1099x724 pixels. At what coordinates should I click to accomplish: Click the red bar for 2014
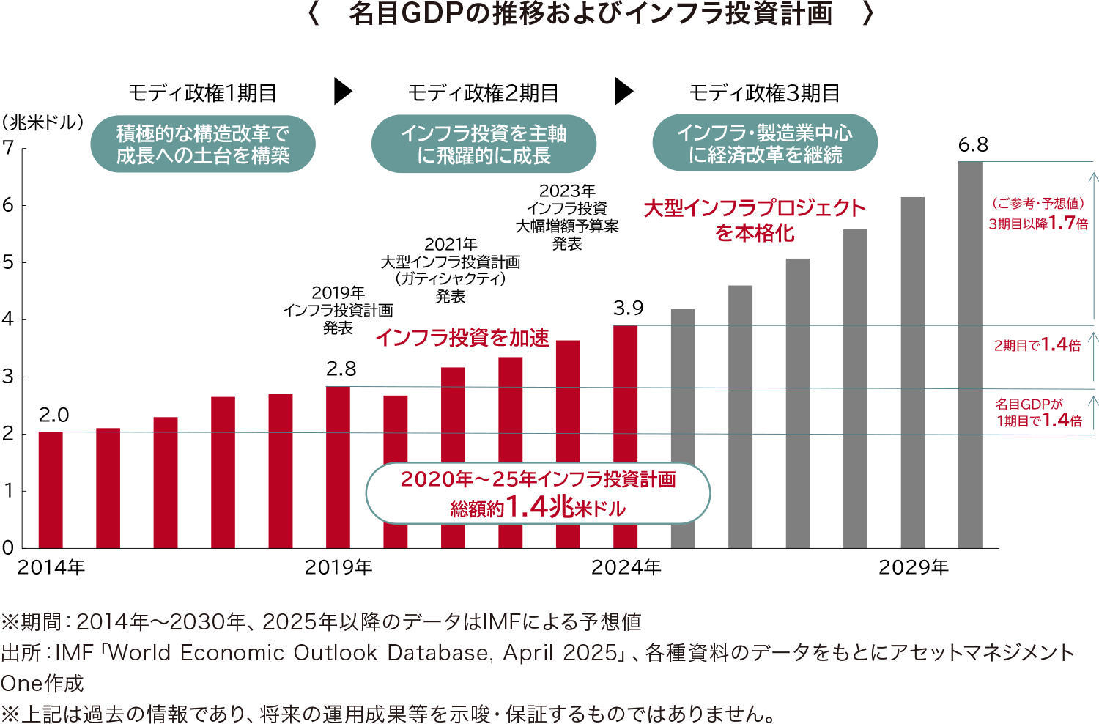click(51, 490)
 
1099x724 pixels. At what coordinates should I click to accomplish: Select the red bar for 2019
click(338, 467)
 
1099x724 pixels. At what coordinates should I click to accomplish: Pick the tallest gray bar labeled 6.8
click(970, 355)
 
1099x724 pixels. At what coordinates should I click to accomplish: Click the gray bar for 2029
click(913, 372)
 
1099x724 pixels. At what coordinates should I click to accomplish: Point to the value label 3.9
click(629, 309)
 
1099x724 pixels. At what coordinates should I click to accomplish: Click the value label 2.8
click(341, 369)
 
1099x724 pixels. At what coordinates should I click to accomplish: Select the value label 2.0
click(53, 415)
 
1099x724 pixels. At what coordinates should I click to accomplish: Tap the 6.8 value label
click(973, 145)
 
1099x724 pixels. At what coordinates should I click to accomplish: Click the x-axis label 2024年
click(626, 568)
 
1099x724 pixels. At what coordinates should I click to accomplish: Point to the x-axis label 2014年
click(51, 568)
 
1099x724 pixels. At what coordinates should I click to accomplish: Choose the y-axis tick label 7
click(8, 148)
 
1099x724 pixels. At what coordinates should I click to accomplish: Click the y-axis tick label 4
click(8, 319)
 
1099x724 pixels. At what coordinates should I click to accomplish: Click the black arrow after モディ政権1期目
click(342, 92)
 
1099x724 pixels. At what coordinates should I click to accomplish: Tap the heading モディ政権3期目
click(764, 93)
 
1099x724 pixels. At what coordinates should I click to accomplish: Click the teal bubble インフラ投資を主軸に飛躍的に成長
click(484, 144)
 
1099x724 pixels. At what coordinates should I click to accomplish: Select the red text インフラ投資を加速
click(462, 338)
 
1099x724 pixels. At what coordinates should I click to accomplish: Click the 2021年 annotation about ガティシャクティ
click(450, 270)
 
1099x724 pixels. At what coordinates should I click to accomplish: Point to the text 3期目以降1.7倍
click(1038, 224)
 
